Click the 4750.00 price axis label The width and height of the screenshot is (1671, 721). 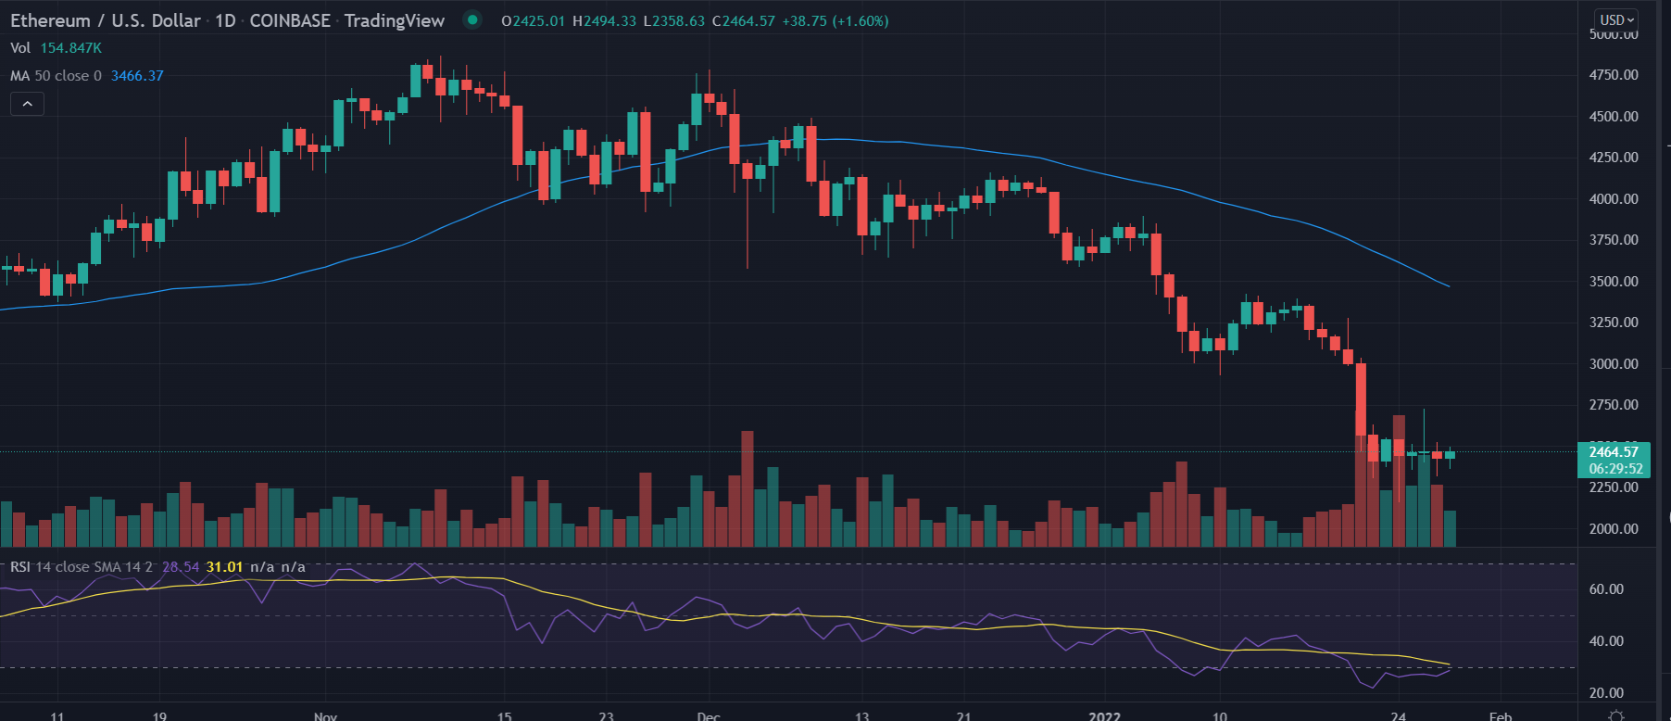click(1614, 75)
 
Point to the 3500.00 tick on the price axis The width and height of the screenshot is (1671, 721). click(1614, 282)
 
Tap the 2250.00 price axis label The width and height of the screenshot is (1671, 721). click(1614, 487)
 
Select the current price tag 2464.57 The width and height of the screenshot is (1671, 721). click(1613, 452)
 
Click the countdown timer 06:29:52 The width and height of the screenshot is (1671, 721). click(1613, 469)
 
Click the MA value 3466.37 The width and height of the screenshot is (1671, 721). click(137, 76)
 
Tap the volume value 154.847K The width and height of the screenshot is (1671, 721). click(70, 48)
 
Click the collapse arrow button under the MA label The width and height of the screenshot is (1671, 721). click(27, 104)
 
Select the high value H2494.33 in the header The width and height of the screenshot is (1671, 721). click(604, 20)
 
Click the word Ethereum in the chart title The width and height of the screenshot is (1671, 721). click(50, 20)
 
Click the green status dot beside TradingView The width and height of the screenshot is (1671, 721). click(472, 19)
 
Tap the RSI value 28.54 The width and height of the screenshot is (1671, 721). click(181, 567)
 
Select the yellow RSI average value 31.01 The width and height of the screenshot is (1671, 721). click(224, 567)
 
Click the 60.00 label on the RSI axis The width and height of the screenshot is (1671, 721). click(1606, 589)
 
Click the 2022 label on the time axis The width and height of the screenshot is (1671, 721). click(1104, 715)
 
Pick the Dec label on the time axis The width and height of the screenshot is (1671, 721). click(709, 715)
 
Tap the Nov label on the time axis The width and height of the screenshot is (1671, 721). click(325, 715)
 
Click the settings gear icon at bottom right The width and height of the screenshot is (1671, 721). click(1616, 715)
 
